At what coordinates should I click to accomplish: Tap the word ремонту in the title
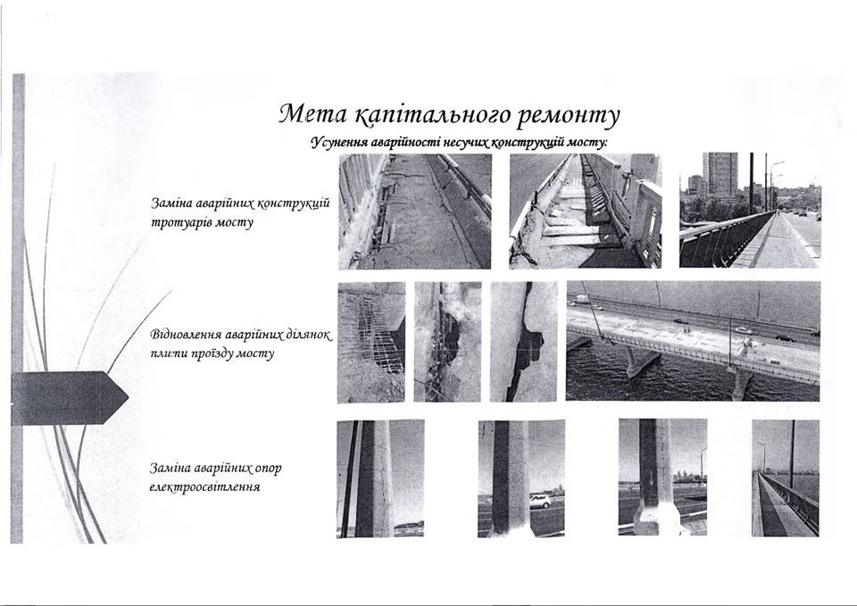tap(568, 116)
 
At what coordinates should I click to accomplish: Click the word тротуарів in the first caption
tap(182, 221)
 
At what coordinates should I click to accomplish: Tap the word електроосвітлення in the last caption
tap(204, 487)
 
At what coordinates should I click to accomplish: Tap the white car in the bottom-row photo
tap(541, 502)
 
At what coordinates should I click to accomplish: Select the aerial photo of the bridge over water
tap(692, 341)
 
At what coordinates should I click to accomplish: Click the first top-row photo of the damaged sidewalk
tap(414, 211)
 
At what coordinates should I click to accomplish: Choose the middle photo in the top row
tap(585, 211)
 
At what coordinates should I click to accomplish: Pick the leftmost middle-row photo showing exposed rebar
tap(370, 342)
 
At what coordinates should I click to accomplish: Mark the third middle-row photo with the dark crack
tap(523, 342)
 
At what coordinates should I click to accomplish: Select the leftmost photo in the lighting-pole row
tap(379, 478)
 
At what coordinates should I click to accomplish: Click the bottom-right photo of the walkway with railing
tap(785, 478)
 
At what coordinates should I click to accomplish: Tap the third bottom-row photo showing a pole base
tap(661, 478)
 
